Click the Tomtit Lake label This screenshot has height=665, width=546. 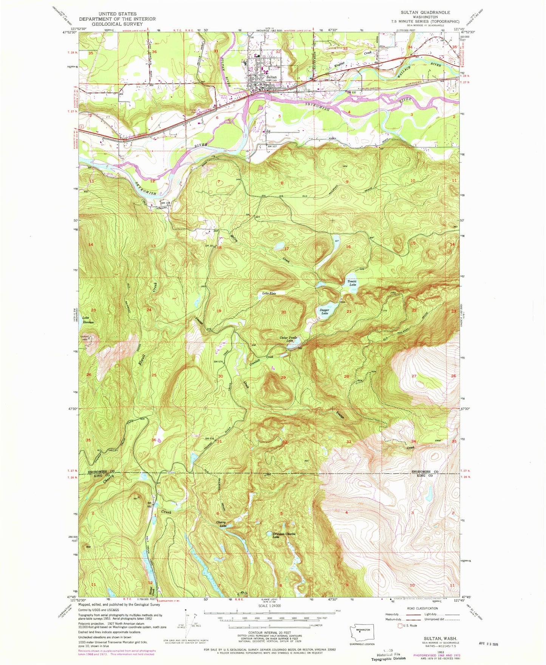pyautogui.click(x=352, y=283)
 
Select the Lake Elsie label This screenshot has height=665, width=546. pyautogui.click(x=269, y=293)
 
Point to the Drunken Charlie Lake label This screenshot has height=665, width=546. pyautogui.click(x=283, y=535)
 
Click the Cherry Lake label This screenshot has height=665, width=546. pyautogui.click(x=221, y=524)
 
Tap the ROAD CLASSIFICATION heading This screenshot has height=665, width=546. pyautogui.click(x=425, y=608)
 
